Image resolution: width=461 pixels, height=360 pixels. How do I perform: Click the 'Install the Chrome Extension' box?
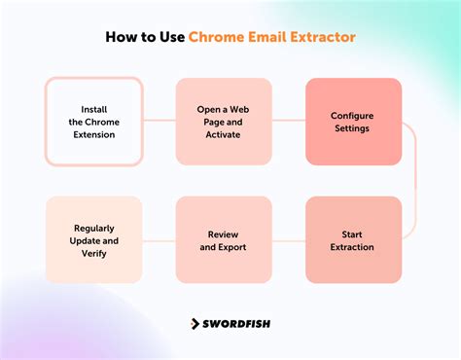pos(93,121)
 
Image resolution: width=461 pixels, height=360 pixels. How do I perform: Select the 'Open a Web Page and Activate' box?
pos(224,121)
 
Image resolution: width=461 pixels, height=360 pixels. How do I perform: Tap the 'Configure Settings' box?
pos(353,121)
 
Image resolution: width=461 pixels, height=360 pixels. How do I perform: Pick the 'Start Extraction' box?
pos(353,239)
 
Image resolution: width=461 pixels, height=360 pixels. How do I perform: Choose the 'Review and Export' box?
pos(224,239)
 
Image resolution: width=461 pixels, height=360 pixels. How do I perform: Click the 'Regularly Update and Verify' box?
pos(93,239)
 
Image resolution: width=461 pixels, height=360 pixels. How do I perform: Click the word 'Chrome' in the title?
pos(221,38)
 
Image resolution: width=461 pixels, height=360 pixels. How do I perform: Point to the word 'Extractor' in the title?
pos(319,38)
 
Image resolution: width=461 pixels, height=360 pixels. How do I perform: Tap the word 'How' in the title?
pos(123,38)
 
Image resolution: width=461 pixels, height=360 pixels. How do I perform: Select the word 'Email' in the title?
pos(267,38)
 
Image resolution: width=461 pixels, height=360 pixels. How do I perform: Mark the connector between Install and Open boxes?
pos(159,121)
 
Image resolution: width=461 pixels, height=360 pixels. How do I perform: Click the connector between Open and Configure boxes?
pos(289,121)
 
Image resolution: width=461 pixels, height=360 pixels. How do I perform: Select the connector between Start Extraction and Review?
pos(289,239)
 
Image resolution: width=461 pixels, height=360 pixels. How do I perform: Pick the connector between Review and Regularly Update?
pos(159,239)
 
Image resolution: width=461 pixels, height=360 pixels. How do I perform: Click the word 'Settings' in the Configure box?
pos(353,127)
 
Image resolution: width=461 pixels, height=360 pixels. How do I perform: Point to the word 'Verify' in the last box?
pos(93,253)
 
